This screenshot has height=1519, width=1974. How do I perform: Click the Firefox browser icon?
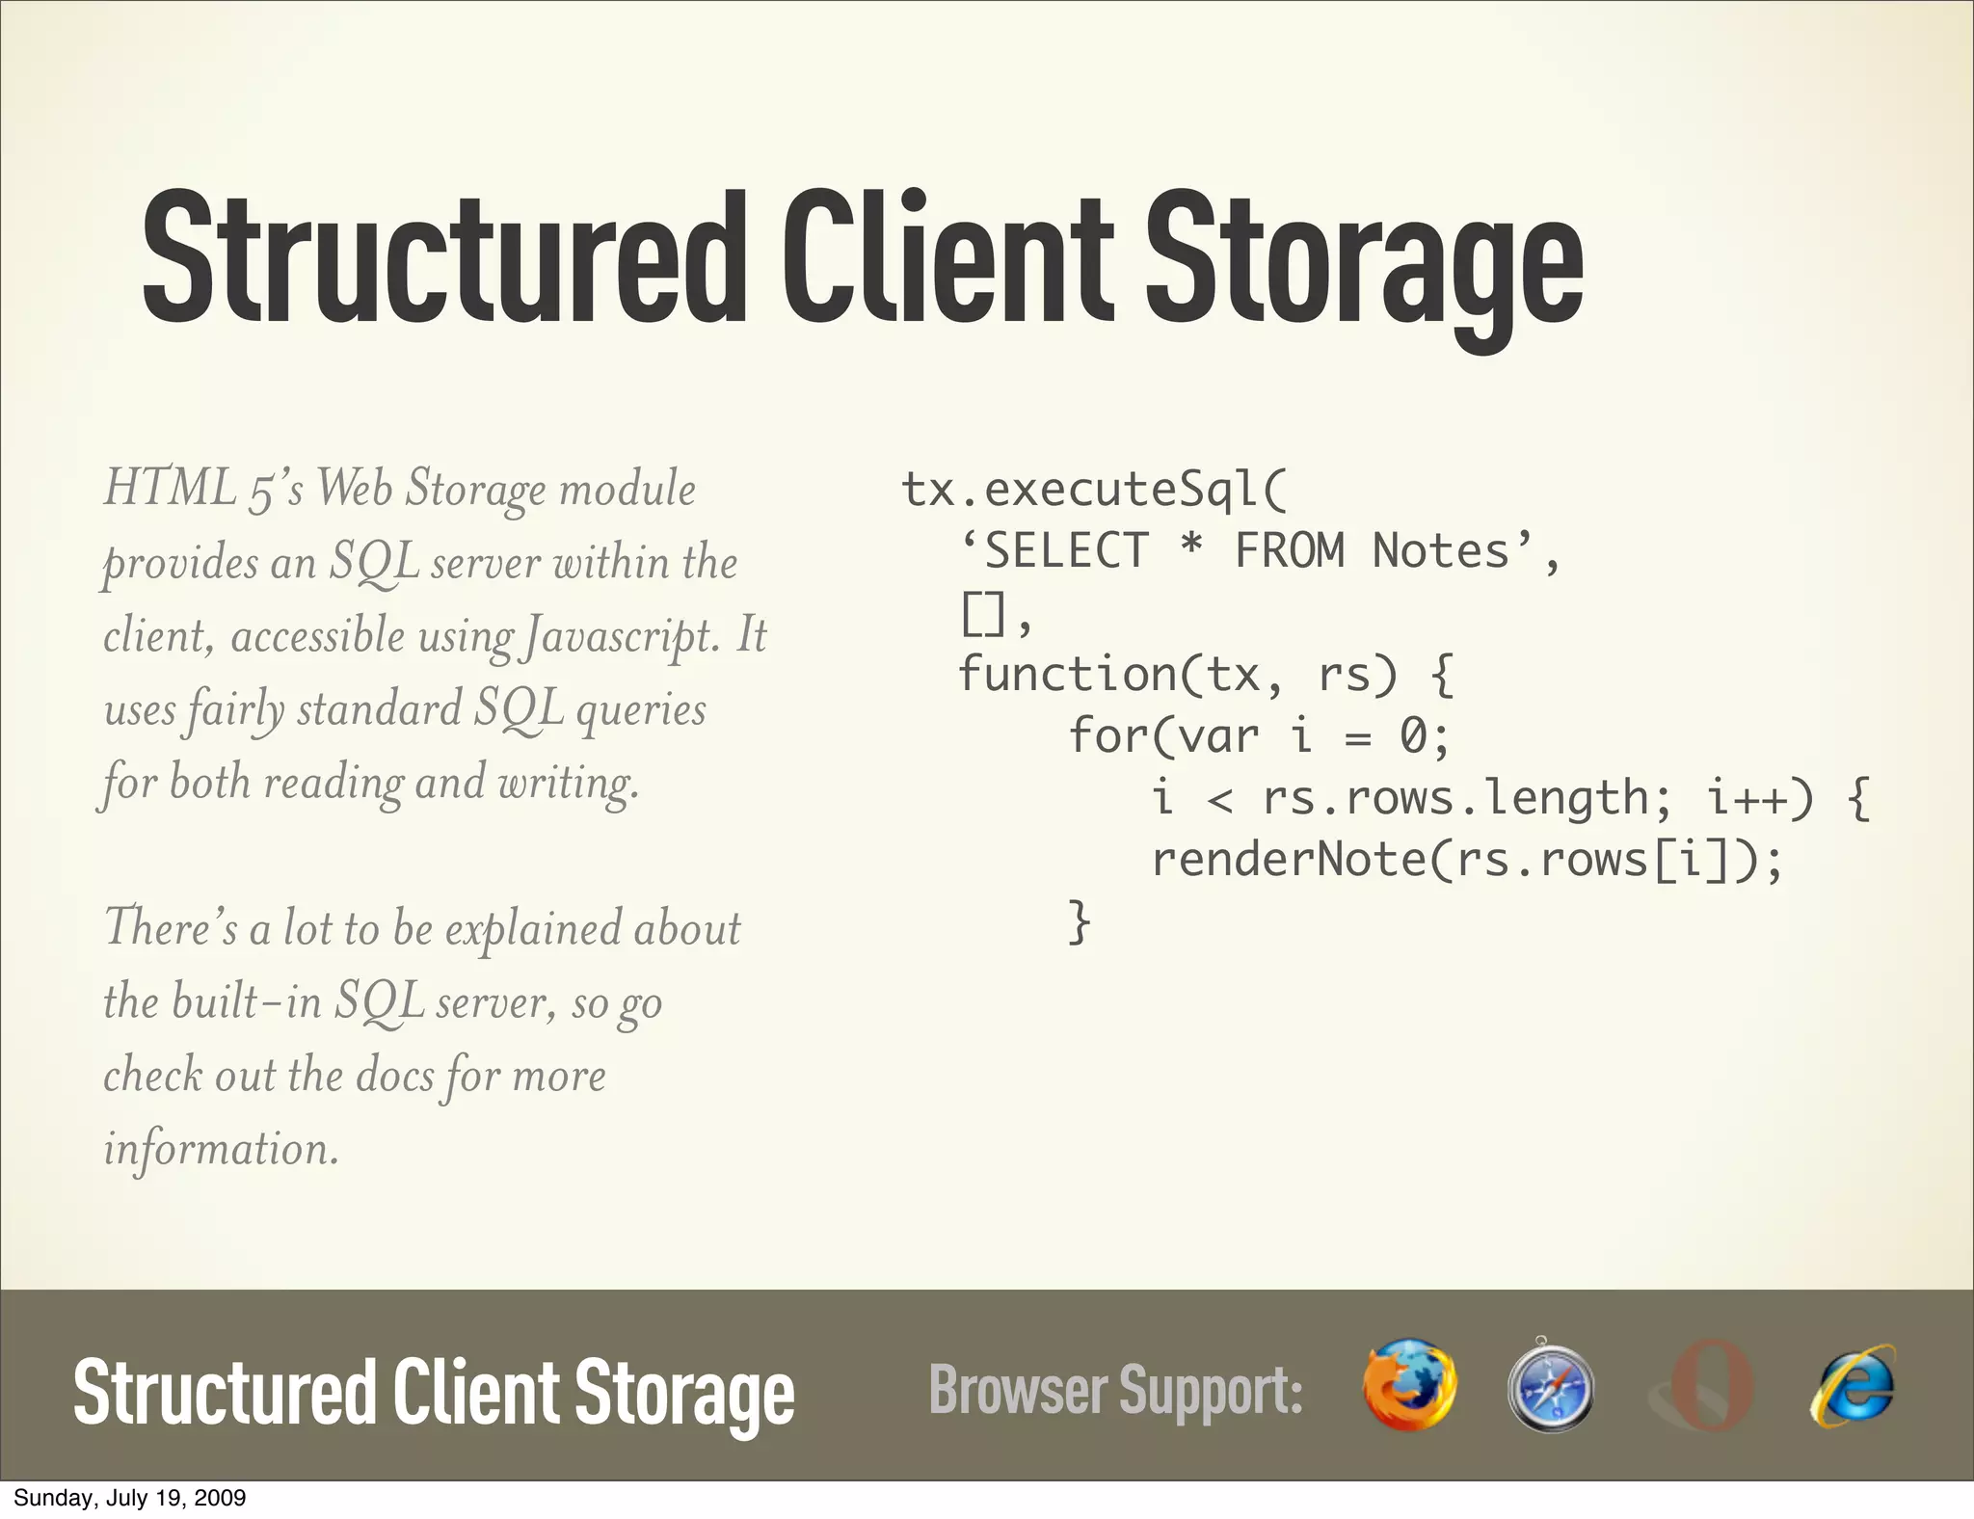coord(1409,1384)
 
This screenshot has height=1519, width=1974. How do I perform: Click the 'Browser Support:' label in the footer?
coord(1115,1390)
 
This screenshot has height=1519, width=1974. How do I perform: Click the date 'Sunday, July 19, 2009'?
coord(129,1498)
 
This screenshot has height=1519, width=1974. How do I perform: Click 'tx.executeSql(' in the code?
coord(1093,490)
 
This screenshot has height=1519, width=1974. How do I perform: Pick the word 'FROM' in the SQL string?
coord(1289,551)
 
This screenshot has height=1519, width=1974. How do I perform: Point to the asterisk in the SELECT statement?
coord(1191,549)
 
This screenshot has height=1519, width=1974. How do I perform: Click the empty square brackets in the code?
coord(983,613)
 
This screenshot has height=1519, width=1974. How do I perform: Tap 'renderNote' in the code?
coord(1288,859)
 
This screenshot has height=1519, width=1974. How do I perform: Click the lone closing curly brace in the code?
coord(1080,921)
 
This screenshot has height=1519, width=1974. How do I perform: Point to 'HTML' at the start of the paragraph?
coord(170,488)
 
